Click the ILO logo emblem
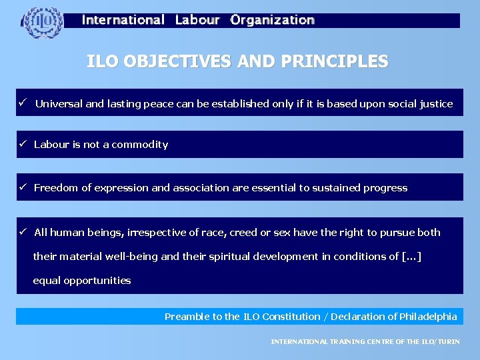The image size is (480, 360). click(43, 23)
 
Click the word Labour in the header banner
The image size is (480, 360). click(197, 20)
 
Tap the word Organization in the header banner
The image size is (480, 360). click(272, 20)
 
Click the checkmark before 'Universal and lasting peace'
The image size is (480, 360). click(22, 103)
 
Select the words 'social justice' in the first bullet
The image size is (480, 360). click(421, 104)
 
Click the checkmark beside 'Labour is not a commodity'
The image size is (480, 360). click(22, 144)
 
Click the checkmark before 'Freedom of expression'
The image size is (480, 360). click(22, 187)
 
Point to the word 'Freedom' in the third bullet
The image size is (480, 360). click(56, 188)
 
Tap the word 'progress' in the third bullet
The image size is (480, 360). click(385, 188)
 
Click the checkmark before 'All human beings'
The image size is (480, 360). click(22, 232)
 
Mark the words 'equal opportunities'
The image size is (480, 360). click(82, 281)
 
